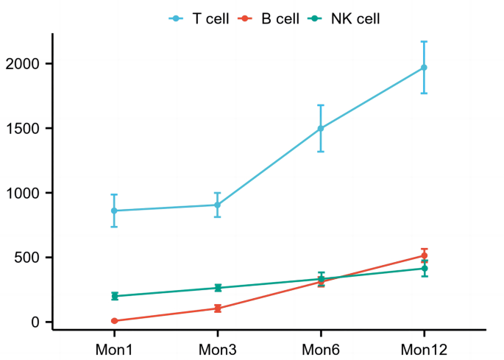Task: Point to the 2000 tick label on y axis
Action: pos(24,64)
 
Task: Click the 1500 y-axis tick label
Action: pos(24,129)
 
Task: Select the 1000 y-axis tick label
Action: pos(24,193)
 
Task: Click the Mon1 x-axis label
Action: pos(115,347)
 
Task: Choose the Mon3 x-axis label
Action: pos(218,347)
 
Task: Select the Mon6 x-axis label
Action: pos(321,347)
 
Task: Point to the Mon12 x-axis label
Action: pos(424,347)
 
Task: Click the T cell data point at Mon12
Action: pos(424,68)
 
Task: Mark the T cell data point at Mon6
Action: pos(321,128)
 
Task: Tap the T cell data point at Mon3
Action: pos(218,205)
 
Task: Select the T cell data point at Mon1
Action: pos(115,211)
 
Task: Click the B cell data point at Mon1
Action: pos(115,321)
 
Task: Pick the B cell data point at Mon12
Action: pos(424,255)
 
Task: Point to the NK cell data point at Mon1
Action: pos(115,296)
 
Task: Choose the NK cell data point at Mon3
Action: pos(218,288)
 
